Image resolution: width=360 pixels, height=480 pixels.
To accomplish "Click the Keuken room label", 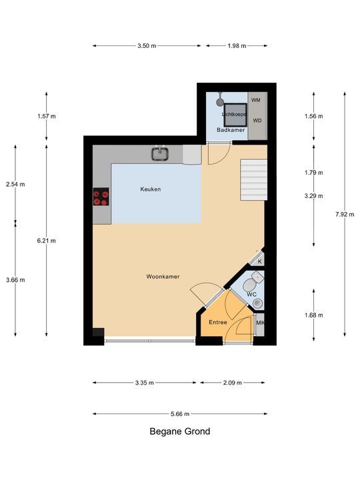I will [x=150, y=189].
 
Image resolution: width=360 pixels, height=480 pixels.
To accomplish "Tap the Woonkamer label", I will [x=163, y=276].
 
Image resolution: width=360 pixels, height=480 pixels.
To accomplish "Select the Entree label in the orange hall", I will [x=218, y=323].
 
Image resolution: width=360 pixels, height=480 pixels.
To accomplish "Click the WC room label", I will [x=251, y=294].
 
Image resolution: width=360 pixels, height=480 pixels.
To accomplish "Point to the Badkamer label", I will [x=231, y=130].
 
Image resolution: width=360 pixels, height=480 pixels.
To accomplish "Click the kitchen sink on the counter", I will [x=160, y=155].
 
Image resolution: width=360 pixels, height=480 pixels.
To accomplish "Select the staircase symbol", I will [x=253, y=179].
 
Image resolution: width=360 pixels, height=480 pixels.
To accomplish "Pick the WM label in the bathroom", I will [x=256, y=100].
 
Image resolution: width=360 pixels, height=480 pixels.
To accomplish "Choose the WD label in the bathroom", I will [x=256, y=121].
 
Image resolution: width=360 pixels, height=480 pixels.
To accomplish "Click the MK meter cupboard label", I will [x=260, y=323].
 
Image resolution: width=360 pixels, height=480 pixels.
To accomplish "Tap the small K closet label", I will [x=259, y=261].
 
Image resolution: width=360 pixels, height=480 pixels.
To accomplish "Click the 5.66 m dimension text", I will [x=180, y=414].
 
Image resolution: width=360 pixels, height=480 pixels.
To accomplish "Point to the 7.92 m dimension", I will [x=345, y=214].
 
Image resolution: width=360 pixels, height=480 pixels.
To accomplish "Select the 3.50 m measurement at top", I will [x=147, y=46].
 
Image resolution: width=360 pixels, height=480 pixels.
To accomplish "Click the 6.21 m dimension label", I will [x=47, y=241].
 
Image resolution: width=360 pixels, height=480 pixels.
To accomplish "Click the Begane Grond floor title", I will [x=180, y=431].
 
